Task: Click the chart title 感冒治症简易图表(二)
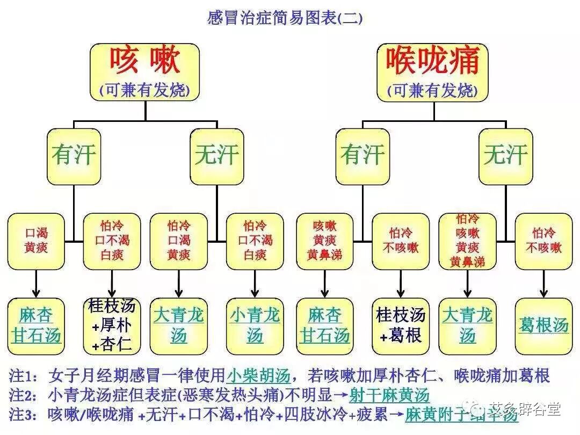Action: coord(285,18)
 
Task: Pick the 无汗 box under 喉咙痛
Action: coord(506,156)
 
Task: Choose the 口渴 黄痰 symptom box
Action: coord(36,241)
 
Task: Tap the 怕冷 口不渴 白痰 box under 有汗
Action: coord(112,241)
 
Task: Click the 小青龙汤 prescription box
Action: coord(255,325)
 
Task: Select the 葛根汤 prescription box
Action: coord(543,325)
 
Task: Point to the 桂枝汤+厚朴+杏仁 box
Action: coord(112,325)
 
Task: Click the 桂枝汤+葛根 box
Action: coord(401,325)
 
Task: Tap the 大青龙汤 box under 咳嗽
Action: coord(178,325)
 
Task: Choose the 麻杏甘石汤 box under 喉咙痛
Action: coord(324,325)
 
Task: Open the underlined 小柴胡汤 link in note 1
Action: coord(258,375)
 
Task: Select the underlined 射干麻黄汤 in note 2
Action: coord(389,396)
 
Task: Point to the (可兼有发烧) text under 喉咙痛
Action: coord(433,90)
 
